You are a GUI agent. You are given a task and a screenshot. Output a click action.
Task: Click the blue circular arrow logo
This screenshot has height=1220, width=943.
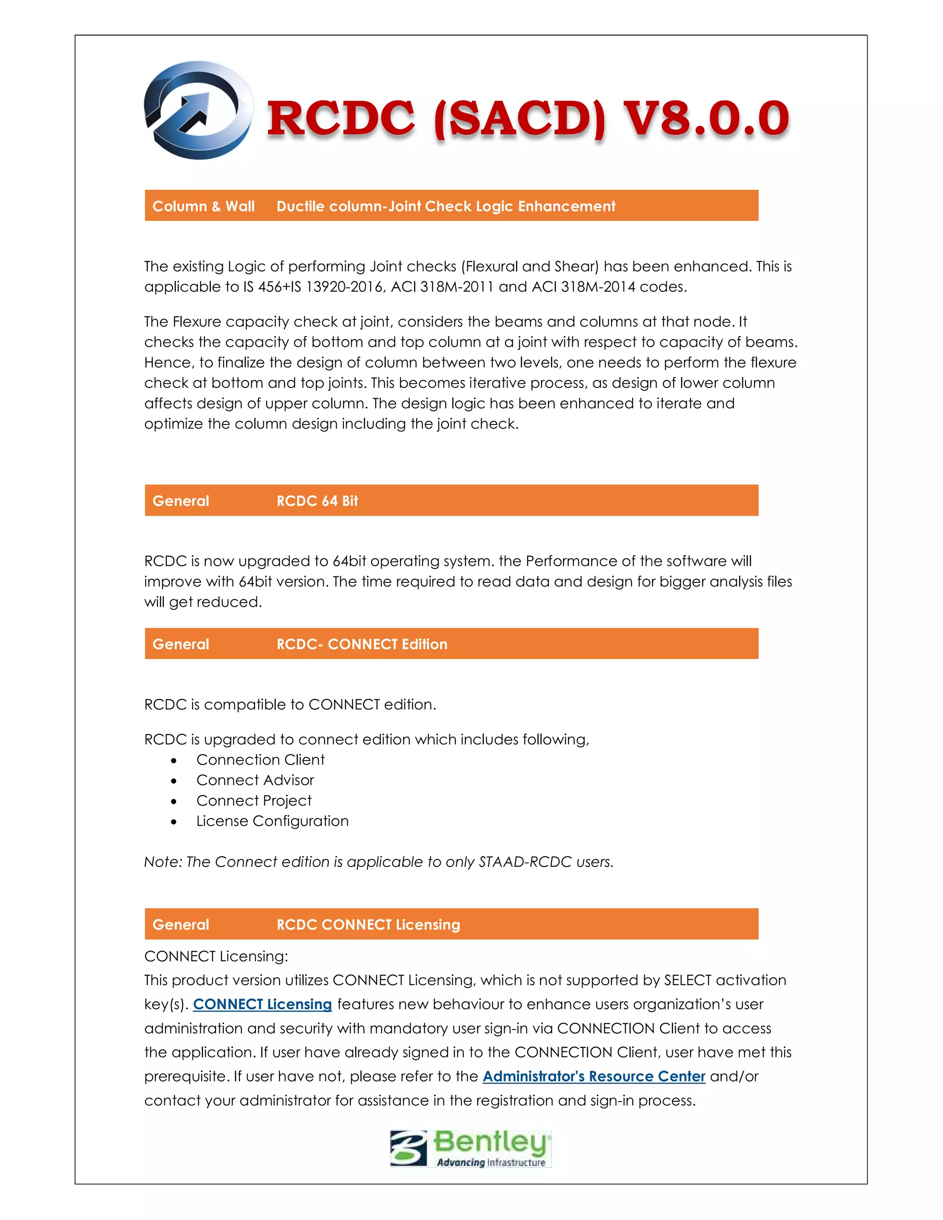pyautogui.click(x=198, y=110)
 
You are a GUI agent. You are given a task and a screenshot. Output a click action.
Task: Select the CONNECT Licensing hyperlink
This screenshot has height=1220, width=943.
pyautogui.click(x=262, y=1005)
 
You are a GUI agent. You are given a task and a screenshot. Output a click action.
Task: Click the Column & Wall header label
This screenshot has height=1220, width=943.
pyautogui.click(x=204, y=206)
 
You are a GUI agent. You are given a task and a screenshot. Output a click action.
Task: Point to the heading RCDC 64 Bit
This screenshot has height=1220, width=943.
pyautogui.click(x=317, y=500)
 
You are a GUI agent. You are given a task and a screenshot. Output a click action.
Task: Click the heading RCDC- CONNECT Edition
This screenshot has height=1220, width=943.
pyautogui.click(x=361, y=644)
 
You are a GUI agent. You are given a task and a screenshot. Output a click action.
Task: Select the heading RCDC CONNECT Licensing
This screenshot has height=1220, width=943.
pyautogui.click(x=368, y=924)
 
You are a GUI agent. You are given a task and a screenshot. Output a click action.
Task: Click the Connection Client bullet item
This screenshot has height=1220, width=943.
pyautogui.click(x=260, y=760)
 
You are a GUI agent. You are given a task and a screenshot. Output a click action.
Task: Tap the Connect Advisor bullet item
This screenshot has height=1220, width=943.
pyautogui.click(x=255, y=780)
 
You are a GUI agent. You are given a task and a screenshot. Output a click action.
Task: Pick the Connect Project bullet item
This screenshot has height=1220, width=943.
pyautogui.click(x=254, y=801)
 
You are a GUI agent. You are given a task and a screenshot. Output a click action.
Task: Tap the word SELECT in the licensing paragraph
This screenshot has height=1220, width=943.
pyautogui.click(x=687, y=980)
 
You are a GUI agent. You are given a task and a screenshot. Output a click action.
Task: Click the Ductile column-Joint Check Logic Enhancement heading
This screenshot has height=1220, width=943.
pyautogui.click(x=445, y=206)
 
